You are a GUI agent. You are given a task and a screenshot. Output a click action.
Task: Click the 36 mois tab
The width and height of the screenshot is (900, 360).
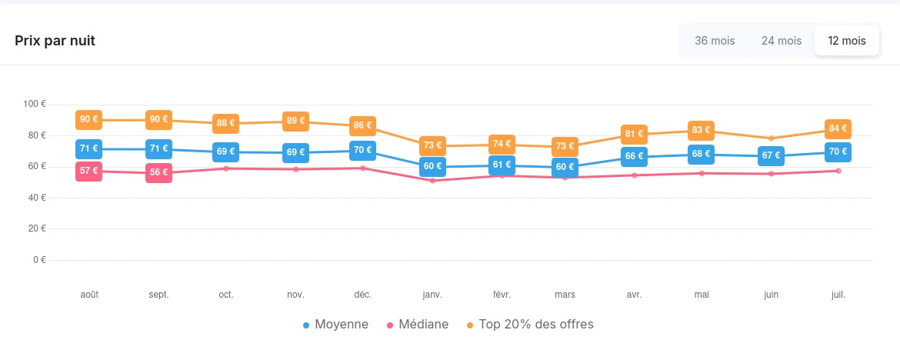[715, 41]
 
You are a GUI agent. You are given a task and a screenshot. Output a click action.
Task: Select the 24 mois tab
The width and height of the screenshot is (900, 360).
[782, 41]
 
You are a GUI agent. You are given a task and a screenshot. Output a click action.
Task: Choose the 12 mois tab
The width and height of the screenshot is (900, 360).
[847, 41]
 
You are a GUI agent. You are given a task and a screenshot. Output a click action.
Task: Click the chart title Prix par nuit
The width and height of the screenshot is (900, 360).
[55, 41]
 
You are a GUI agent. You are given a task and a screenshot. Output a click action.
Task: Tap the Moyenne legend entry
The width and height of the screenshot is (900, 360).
[335, 325]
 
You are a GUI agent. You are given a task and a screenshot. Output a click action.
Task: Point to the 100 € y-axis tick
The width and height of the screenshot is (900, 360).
[35, 104]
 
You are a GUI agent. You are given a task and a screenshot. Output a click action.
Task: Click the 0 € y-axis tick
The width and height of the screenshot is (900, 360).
[39, 260]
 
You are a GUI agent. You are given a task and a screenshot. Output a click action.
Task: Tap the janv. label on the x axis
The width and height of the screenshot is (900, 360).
[432, 295]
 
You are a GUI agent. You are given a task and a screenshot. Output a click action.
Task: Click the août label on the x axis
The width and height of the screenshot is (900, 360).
[89, 295]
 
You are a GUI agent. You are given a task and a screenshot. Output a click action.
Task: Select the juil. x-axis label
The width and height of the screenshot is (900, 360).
[838, 295]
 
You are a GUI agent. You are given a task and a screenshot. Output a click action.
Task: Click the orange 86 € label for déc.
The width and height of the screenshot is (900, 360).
[362, 125]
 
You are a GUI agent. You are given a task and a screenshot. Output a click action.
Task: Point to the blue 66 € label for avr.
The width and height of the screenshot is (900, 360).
[635, 156]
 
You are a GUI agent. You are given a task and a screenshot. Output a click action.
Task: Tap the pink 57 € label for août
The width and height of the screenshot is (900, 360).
[89, 171]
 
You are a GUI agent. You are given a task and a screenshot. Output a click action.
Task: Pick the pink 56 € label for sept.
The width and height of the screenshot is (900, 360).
[158, 172]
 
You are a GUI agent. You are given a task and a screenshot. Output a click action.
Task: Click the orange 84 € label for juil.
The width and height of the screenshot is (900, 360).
[838, 128]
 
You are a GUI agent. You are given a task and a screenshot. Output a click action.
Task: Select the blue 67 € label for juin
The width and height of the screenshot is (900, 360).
[771, 155]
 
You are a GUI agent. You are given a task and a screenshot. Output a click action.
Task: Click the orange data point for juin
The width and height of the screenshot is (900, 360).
[771, 138]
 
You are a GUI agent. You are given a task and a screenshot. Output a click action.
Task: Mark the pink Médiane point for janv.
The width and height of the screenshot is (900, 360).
[432, 181]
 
